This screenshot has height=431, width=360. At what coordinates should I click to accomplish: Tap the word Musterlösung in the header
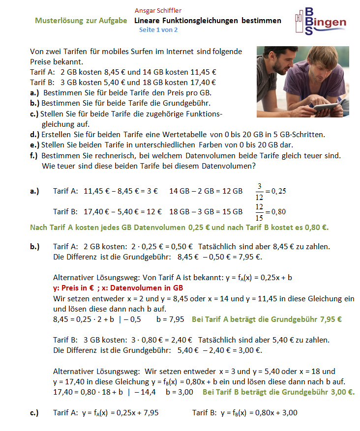(x=58, y=21)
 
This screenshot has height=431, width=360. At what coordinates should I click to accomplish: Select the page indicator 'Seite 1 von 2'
(x=158, y=30)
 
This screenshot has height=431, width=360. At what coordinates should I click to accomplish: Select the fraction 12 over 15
(x=259, y=212)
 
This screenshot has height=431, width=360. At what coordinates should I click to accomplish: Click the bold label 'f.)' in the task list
(x=34, y=155)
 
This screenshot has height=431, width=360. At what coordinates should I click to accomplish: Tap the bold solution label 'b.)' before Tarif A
(x=34, y=246)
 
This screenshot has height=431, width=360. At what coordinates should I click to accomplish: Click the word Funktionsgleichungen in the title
(x=201, y=21)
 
